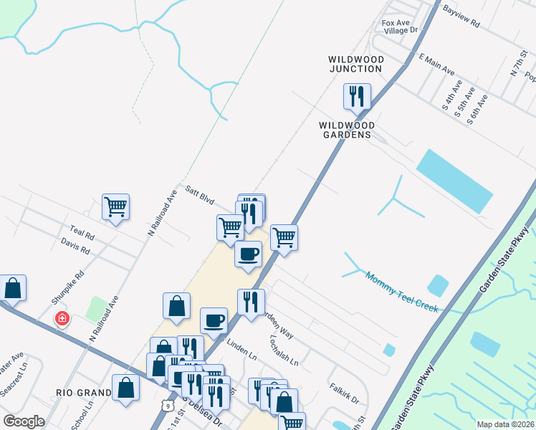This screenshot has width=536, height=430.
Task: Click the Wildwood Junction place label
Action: pyautogui.click(x=355, y=64)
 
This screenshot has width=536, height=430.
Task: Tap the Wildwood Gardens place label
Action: pyautogui.click(x=345, y=129)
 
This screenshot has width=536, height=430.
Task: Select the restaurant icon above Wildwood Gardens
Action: pyautogui.click(x=357, y=96)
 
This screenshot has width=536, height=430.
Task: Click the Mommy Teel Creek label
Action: pyautogui.click(x=401, y=291)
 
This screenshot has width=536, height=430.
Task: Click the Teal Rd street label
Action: pyautogui.click(x=82, y=233)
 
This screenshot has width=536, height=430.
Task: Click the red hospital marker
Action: pyautogui.click(x=62, y=317)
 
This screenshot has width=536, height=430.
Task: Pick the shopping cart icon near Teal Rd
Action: pyautogui.click(x=115, y=207)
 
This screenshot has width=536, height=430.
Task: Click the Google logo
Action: pyautogui.click(x=24, y=421)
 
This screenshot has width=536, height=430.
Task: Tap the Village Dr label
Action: pyautogui.click(x=400, y=31)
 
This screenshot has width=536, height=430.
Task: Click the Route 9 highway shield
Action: pyautogui.click(x=168, y=406)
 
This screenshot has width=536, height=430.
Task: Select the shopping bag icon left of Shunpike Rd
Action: pyautogui.click(x=13, y=288)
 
